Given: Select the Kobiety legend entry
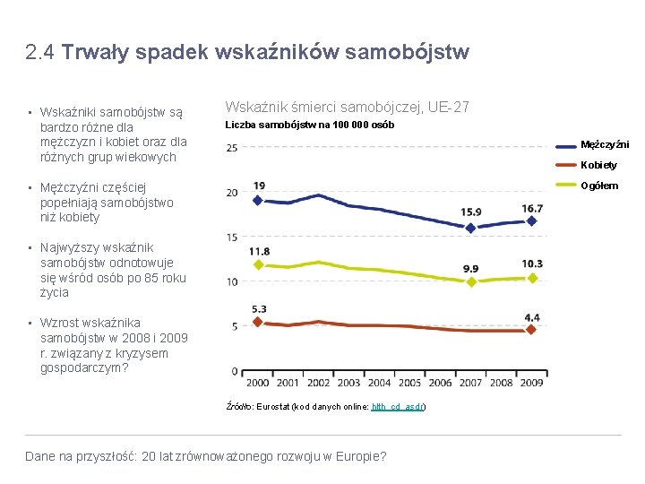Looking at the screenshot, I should pyautogui.click(x=598, y=166).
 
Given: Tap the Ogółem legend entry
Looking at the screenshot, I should pyautogui.click(x=599, y=186).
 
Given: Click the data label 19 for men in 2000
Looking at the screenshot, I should pyautogui.click(x=259, y=186).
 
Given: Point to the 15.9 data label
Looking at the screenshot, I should pyautogui.click(x=471, y=212).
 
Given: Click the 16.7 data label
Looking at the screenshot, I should pyautogui.click(x=532, y=208).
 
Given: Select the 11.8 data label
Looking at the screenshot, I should pyautogui.click(x=259, y=252).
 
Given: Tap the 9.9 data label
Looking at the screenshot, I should pyautogui.click(x=471, y=268).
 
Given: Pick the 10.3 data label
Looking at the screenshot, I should pyautogui.click(x=532, y=264).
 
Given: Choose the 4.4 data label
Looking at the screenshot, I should pyautogui.click(x=532, y=317).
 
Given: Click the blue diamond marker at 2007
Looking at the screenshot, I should pyautogui.click(x=471, y=228).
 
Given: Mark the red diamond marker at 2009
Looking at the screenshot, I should pyautogui.click(x=531, y=330).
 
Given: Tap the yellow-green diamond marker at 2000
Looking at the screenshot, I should pyautogui.click(x=259, y=264).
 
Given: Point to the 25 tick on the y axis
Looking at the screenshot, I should pyautogui.click(x=231, y=148).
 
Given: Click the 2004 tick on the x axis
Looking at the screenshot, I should pyautogui.click(x=380, y=384).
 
